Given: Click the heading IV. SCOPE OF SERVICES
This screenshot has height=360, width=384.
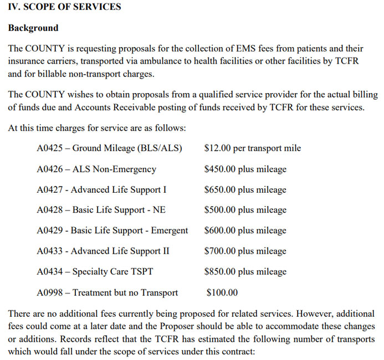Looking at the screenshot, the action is click(x=64, y=8).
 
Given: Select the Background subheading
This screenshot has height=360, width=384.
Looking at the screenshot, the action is click(x=33, y=28).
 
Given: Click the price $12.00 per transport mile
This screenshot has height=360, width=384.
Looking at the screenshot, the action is click(x=253, y=148).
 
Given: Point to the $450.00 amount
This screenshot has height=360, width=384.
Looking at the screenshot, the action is click(x=220, y=169).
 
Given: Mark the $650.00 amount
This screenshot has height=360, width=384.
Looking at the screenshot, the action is click(x=220, y=189).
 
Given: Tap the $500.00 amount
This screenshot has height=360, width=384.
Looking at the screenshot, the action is click(x=220, y=210).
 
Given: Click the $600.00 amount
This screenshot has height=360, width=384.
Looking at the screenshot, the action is click(x=220, y=230).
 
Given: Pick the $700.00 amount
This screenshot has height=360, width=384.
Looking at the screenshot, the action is click(x=220, y=251).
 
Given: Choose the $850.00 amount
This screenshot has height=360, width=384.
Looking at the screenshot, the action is click(x=220, y=271).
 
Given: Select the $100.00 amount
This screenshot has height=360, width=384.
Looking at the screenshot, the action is click(x=222, y=292).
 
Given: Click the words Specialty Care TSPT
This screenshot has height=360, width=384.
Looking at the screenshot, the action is click(x=113, y=271).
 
